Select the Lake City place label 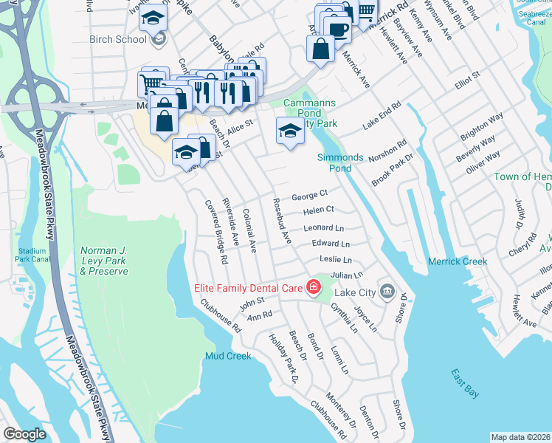click(356, 293)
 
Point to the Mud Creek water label click(228, 356)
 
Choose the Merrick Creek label click(458, 261)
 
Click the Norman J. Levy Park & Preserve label click(103, 261)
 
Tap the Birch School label click(117, 38)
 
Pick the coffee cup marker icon click(339, 30)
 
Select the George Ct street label click(309, 196)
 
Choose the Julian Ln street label click(346, 275)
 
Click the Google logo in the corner click(25, 434)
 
